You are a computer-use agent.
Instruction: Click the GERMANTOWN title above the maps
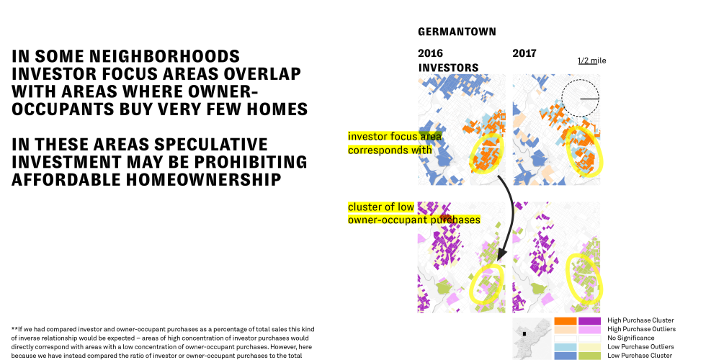coord(457,32)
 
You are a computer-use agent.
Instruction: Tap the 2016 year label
coord(431,53)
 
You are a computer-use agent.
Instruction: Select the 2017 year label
coord(524,53)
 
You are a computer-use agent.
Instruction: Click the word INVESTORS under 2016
coord(448,68)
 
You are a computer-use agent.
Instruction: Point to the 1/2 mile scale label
coord(592,60)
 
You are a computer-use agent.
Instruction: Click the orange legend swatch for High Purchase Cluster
coord(565,321)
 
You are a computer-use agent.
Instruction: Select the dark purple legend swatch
coord(589,321)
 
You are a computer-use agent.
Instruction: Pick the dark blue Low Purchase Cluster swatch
coord(565,356)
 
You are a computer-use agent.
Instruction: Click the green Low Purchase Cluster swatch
coord(589,356)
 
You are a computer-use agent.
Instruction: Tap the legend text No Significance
coord(631,338)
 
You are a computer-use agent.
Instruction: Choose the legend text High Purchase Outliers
coord(642,329)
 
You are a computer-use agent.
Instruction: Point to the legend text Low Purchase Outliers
coord(640,346)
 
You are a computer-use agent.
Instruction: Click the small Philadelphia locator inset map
coord(532,338)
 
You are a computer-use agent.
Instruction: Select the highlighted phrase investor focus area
coord(395,136)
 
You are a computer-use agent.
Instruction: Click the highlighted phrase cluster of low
coord(381,207)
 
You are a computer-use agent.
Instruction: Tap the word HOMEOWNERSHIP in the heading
coord(203,179)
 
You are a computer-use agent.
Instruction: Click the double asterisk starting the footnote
coord(14,329)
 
